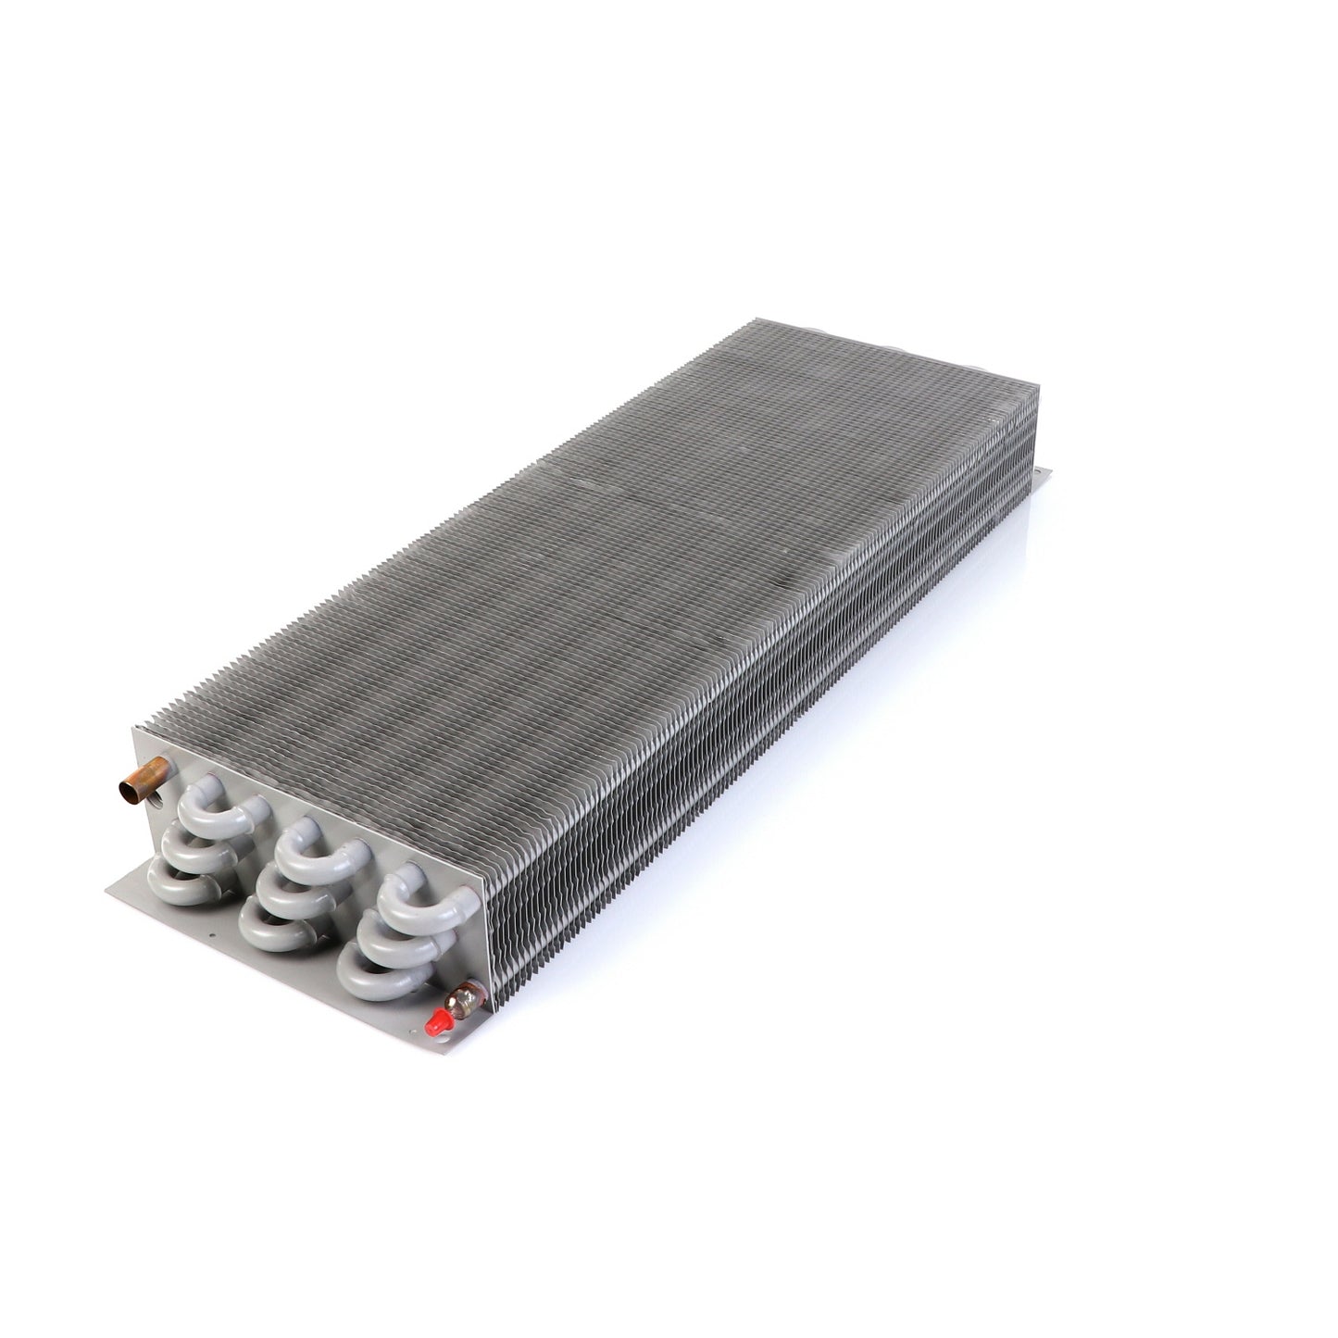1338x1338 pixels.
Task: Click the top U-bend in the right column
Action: pyautogui.click(x=419, y=906)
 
